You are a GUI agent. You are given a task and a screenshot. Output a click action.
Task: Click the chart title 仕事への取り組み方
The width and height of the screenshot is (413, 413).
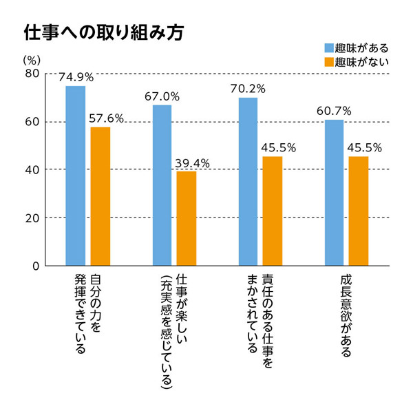point(103,34)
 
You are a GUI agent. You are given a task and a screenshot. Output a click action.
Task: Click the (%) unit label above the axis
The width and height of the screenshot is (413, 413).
point(30,60)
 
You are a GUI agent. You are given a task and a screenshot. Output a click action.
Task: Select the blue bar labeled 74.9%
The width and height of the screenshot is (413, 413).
point(75,176)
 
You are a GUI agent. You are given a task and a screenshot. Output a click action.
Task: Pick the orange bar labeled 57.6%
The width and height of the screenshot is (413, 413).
point(100,196)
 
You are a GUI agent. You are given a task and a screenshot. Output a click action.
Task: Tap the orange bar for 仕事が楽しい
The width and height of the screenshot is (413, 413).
point(186,218)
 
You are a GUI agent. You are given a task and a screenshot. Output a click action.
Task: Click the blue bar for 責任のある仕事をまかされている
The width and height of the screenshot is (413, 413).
point(248,182)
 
